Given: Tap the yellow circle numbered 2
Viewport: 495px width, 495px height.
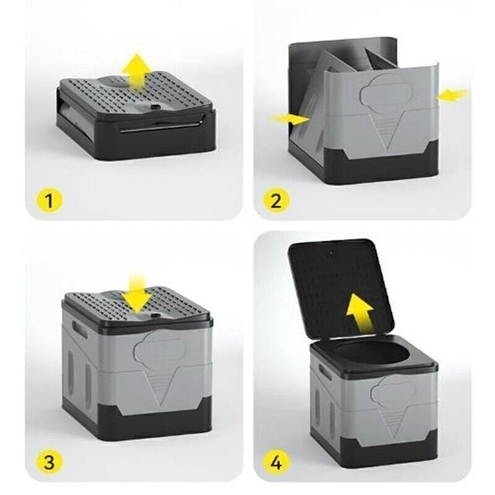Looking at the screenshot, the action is pyautogui.click(x=276, y=200).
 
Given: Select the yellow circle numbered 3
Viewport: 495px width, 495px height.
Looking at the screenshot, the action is pyautogui.click(x=49, y=463).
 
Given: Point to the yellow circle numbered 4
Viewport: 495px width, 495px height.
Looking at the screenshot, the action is pyautogui.click(x=276, y=463).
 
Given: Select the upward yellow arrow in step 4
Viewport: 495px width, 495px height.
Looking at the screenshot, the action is pyautogui.click(x=361, y=312).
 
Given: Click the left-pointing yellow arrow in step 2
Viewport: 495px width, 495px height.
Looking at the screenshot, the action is pyautogui.click(x=453, y=95).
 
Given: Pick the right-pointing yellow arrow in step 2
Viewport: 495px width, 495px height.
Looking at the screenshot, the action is pyautogui.click(x=290, y=119).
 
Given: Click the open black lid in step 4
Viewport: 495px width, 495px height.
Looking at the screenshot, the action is pyautogui.click(x=342, y=289).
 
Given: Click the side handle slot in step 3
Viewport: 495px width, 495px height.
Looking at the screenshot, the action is pyautogui.click(x=80, y=329).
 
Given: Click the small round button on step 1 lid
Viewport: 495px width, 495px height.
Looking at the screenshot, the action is pyautogui.click(x=155, y=107).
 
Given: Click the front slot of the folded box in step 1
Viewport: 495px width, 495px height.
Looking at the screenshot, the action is pyautogui.click(x=160, y=129).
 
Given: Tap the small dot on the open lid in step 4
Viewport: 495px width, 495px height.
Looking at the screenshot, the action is pyautogui.click(x=330, y=254).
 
